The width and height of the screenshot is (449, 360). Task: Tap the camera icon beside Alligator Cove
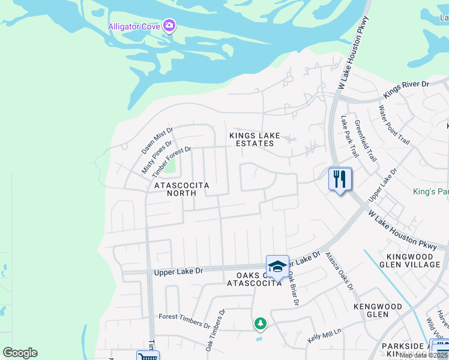pos(169,25)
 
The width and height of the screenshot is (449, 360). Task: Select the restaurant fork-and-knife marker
pos(340,178)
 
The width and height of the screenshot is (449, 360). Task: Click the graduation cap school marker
pos(277,266)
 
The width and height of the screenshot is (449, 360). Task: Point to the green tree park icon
pos(260,324)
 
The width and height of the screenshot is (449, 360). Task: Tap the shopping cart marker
pos(147,356)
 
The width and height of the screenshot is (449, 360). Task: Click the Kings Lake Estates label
pos(255,139)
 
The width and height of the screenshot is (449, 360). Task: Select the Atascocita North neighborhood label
pos(182,189)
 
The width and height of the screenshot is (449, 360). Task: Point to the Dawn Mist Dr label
pos(157,139)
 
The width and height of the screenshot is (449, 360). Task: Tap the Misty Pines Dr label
pos(157,157)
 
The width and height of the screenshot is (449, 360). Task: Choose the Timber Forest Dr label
pos(171,161)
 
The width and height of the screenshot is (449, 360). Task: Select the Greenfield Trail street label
pos(366,140)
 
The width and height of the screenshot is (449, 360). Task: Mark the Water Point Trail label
pos(394,125)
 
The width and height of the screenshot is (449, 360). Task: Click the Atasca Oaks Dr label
pos(339,270)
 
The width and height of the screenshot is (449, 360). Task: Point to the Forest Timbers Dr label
pos(184,321)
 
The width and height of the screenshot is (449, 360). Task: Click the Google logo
pos(20,353)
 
